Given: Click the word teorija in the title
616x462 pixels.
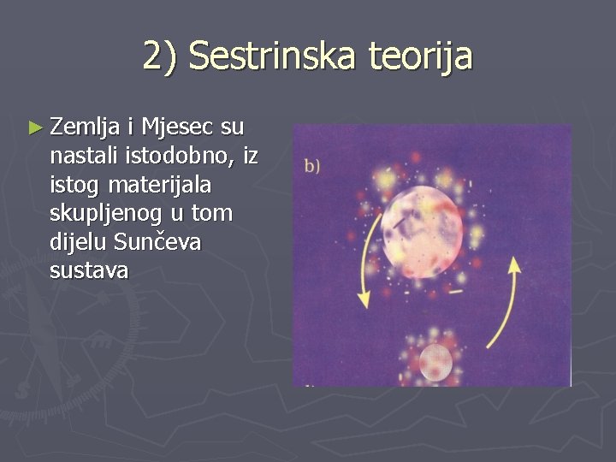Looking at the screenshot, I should point(420,57).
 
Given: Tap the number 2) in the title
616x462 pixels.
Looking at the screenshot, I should point(161,57).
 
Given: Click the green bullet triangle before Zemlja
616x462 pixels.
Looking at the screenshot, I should point(34,128).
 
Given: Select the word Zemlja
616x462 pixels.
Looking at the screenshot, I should point(85,128).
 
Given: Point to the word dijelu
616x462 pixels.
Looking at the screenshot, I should point(74,242).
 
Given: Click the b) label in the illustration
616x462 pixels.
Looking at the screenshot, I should point(312,166).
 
